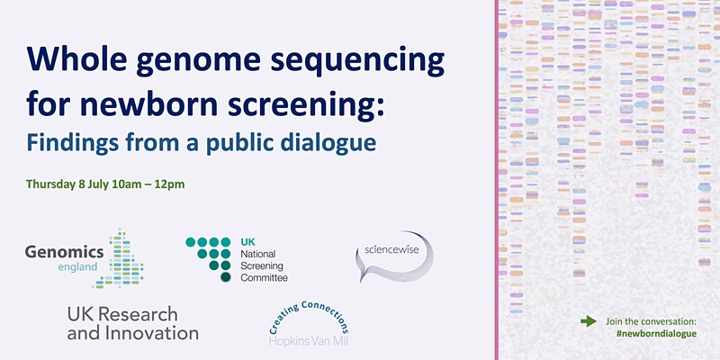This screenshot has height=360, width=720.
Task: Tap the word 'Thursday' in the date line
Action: click(x=50, y=184)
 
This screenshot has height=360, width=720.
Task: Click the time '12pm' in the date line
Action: click(x=172, y=184)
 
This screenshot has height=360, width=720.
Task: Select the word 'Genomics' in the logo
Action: click(x=64, y=252)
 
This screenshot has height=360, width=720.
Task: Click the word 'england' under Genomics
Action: click(x=77, y=267)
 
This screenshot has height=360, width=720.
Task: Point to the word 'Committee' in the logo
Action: click(x=264, y=278)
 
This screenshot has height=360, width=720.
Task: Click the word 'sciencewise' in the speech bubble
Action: click(x=391, y=250)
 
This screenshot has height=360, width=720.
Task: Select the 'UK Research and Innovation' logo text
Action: click(x=132, y=323)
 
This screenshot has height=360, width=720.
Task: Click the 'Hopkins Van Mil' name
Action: click(x=308, y=341)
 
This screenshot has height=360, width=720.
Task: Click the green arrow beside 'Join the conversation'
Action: click(x=589, y=321)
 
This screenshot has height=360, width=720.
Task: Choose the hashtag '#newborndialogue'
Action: click(x=657, y=334)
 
